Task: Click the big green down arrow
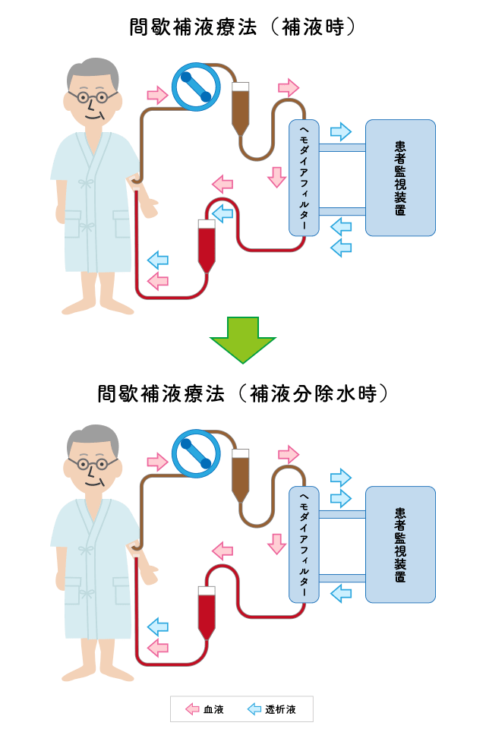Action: click(243, 338)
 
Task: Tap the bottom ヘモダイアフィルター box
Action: click(305, 544)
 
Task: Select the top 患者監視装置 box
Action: click(400, 177)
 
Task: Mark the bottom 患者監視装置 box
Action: click(400, 544)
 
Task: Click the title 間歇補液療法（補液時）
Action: click(243, 28)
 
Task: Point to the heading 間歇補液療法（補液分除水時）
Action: click(243, 393)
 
